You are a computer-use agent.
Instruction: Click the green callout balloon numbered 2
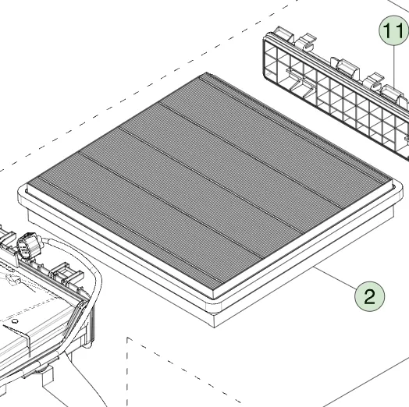(x=369, y=296)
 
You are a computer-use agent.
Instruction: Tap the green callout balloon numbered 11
(x=394, y=30)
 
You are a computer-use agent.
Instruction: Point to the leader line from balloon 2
(x=335, y=278)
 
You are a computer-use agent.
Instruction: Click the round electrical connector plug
(x=27, y=245)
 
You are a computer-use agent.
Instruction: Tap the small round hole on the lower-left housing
(x=15, y=321)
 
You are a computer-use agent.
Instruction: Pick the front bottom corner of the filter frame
(x=214, y=327)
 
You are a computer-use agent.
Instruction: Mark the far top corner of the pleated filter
(x=207, y=73)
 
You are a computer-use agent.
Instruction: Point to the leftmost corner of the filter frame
(x=19, y=193)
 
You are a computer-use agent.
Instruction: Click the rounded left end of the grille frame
(x=265, y=58)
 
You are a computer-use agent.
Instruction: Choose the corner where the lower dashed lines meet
(x=127, y=338)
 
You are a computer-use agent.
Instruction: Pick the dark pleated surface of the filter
(x=208, y=182)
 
